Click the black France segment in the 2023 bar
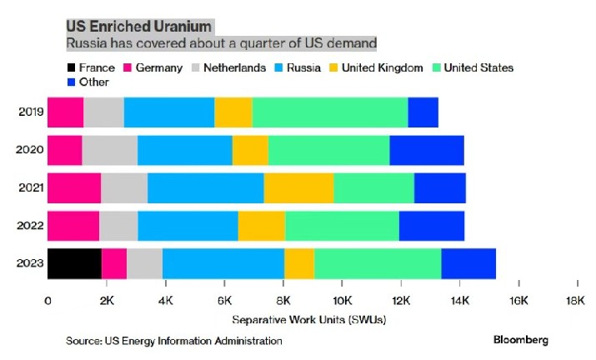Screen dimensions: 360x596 [x=74, y=263]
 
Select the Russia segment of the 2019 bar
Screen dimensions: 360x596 [x=169, y=112]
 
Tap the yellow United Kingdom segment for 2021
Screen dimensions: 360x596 [x=298, y=187]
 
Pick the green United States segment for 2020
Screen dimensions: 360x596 [x=328, y=150]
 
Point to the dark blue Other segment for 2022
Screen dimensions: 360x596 [x=431, y=226]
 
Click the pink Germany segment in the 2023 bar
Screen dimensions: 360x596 [x=114, y=263]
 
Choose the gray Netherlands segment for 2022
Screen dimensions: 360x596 [x=118, y=226]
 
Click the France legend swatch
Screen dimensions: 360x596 [x=72, y=67]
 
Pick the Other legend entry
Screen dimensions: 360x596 [x=94, y=82]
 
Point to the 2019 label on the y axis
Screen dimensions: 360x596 [x=30, y=112]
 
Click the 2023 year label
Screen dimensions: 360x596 [x=30, y=263]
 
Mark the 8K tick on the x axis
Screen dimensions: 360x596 [x=283, y=299]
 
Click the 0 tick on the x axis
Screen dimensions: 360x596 [x=48, y=299]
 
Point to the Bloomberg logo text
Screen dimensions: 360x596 [x=522, y=340]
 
